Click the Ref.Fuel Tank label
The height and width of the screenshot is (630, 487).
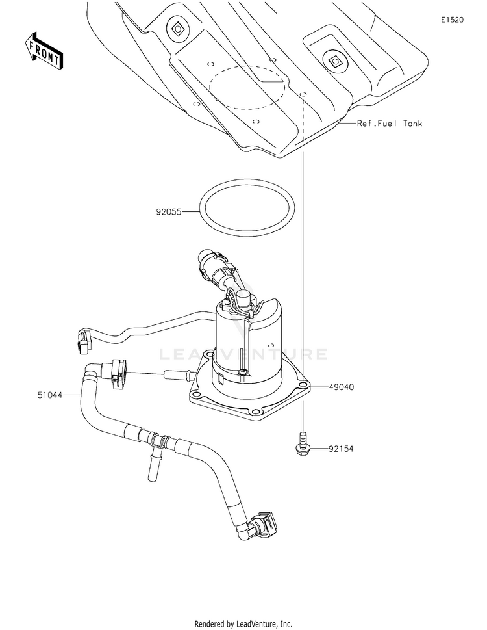pos(389,123)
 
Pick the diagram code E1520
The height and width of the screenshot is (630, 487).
pos(452,20)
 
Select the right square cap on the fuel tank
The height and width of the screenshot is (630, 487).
pos(335,62)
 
